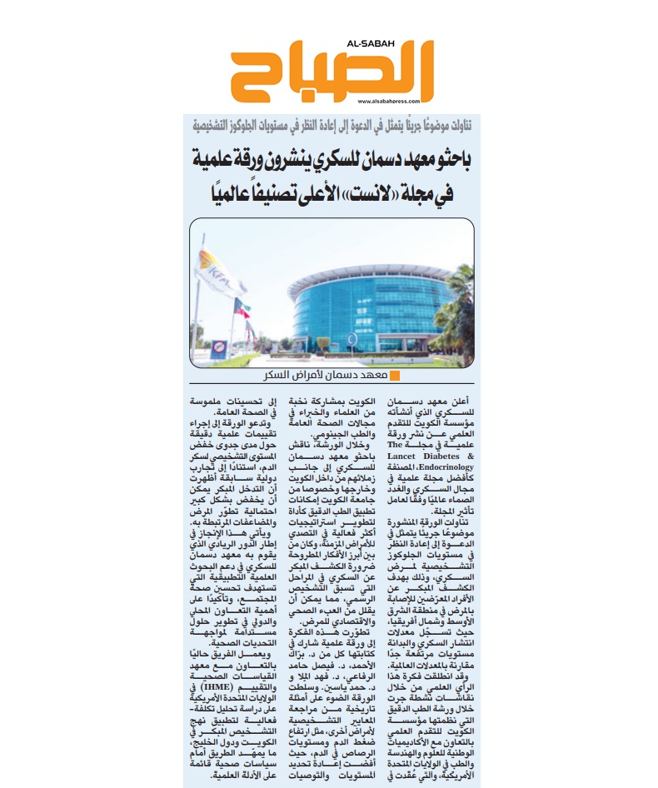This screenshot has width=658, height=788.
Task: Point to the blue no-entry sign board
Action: pyautogui.click(x=218, y=348)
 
